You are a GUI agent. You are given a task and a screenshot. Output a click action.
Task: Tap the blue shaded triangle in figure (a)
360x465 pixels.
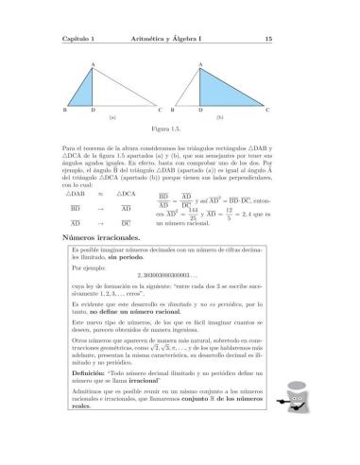(x=87, y=92)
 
